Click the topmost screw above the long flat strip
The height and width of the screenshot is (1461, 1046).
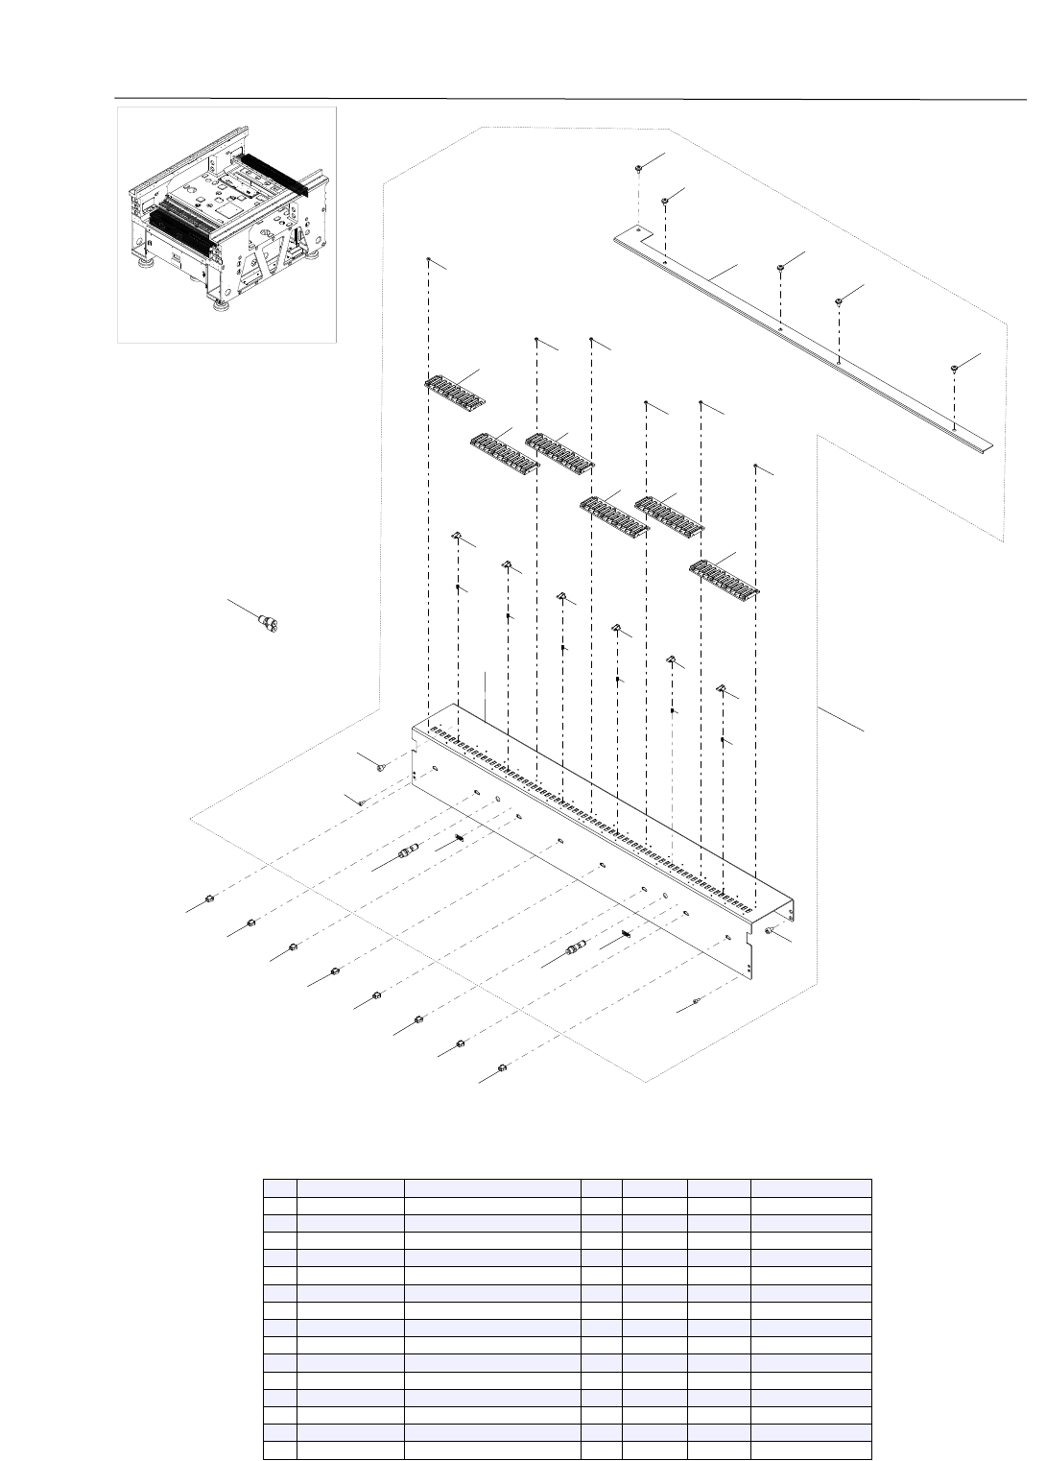tap(638, 168)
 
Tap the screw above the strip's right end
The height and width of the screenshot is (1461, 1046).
tap(955, 369)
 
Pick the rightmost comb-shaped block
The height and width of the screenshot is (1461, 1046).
tap(725, 576)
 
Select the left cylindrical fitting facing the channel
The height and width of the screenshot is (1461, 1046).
tap(407, 853)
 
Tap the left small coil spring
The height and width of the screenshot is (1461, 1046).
tap(460, 840)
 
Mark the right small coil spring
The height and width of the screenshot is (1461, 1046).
tap(625, 934)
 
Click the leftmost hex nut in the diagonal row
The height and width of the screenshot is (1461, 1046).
tap(208, 899)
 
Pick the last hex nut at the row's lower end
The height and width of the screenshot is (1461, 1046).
tap(502, 1067)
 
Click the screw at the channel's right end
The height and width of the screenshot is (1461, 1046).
tap(771, 930)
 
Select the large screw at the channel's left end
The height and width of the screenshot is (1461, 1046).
tap(382, 768)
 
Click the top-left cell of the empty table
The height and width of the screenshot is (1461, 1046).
tap(280, 1188)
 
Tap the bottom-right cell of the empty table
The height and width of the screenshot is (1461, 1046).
tap(810, 1449)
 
